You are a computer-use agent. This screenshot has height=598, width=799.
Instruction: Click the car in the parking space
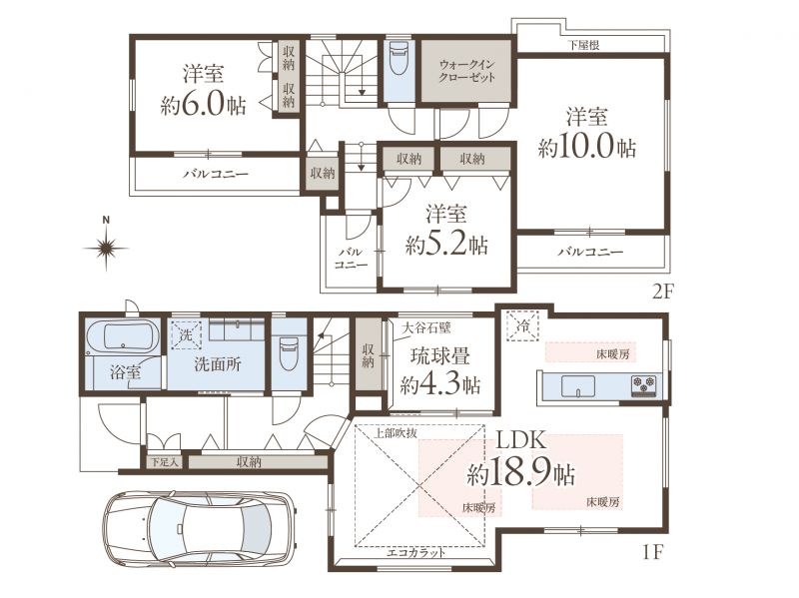(199, 529)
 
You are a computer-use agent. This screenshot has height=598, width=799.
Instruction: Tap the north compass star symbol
(106, 249)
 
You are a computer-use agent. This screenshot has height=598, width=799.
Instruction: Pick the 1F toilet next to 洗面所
(289, 354)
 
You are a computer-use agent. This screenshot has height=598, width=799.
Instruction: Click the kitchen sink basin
(578, 385)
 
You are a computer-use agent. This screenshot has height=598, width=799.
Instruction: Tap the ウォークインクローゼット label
(466, 71)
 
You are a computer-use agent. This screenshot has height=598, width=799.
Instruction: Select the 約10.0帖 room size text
(587, 147)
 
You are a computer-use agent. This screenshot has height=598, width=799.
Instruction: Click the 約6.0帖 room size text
(204, 105)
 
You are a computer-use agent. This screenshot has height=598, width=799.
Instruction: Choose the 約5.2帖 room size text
(446, 245)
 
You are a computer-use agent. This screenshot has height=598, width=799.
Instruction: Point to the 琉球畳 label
(440, 356)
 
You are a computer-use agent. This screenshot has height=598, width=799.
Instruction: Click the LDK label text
(521, 440)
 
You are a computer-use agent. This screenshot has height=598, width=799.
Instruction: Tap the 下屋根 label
(584, 45)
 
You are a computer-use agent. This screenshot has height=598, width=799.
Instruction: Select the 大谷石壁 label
(426, 327)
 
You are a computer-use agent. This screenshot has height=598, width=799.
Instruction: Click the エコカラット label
(415, 553)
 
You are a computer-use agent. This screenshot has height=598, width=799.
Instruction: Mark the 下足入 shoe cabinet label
(164, 462)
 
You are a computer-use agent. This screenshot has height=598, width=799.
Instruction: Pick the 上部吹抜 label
(396, 433)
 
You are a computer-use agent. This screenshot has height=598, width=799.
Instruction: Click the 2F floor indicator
(663, 292)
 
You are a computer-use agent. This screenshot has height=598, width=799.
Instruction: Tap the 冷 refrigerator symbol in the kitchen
(522, 325)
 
